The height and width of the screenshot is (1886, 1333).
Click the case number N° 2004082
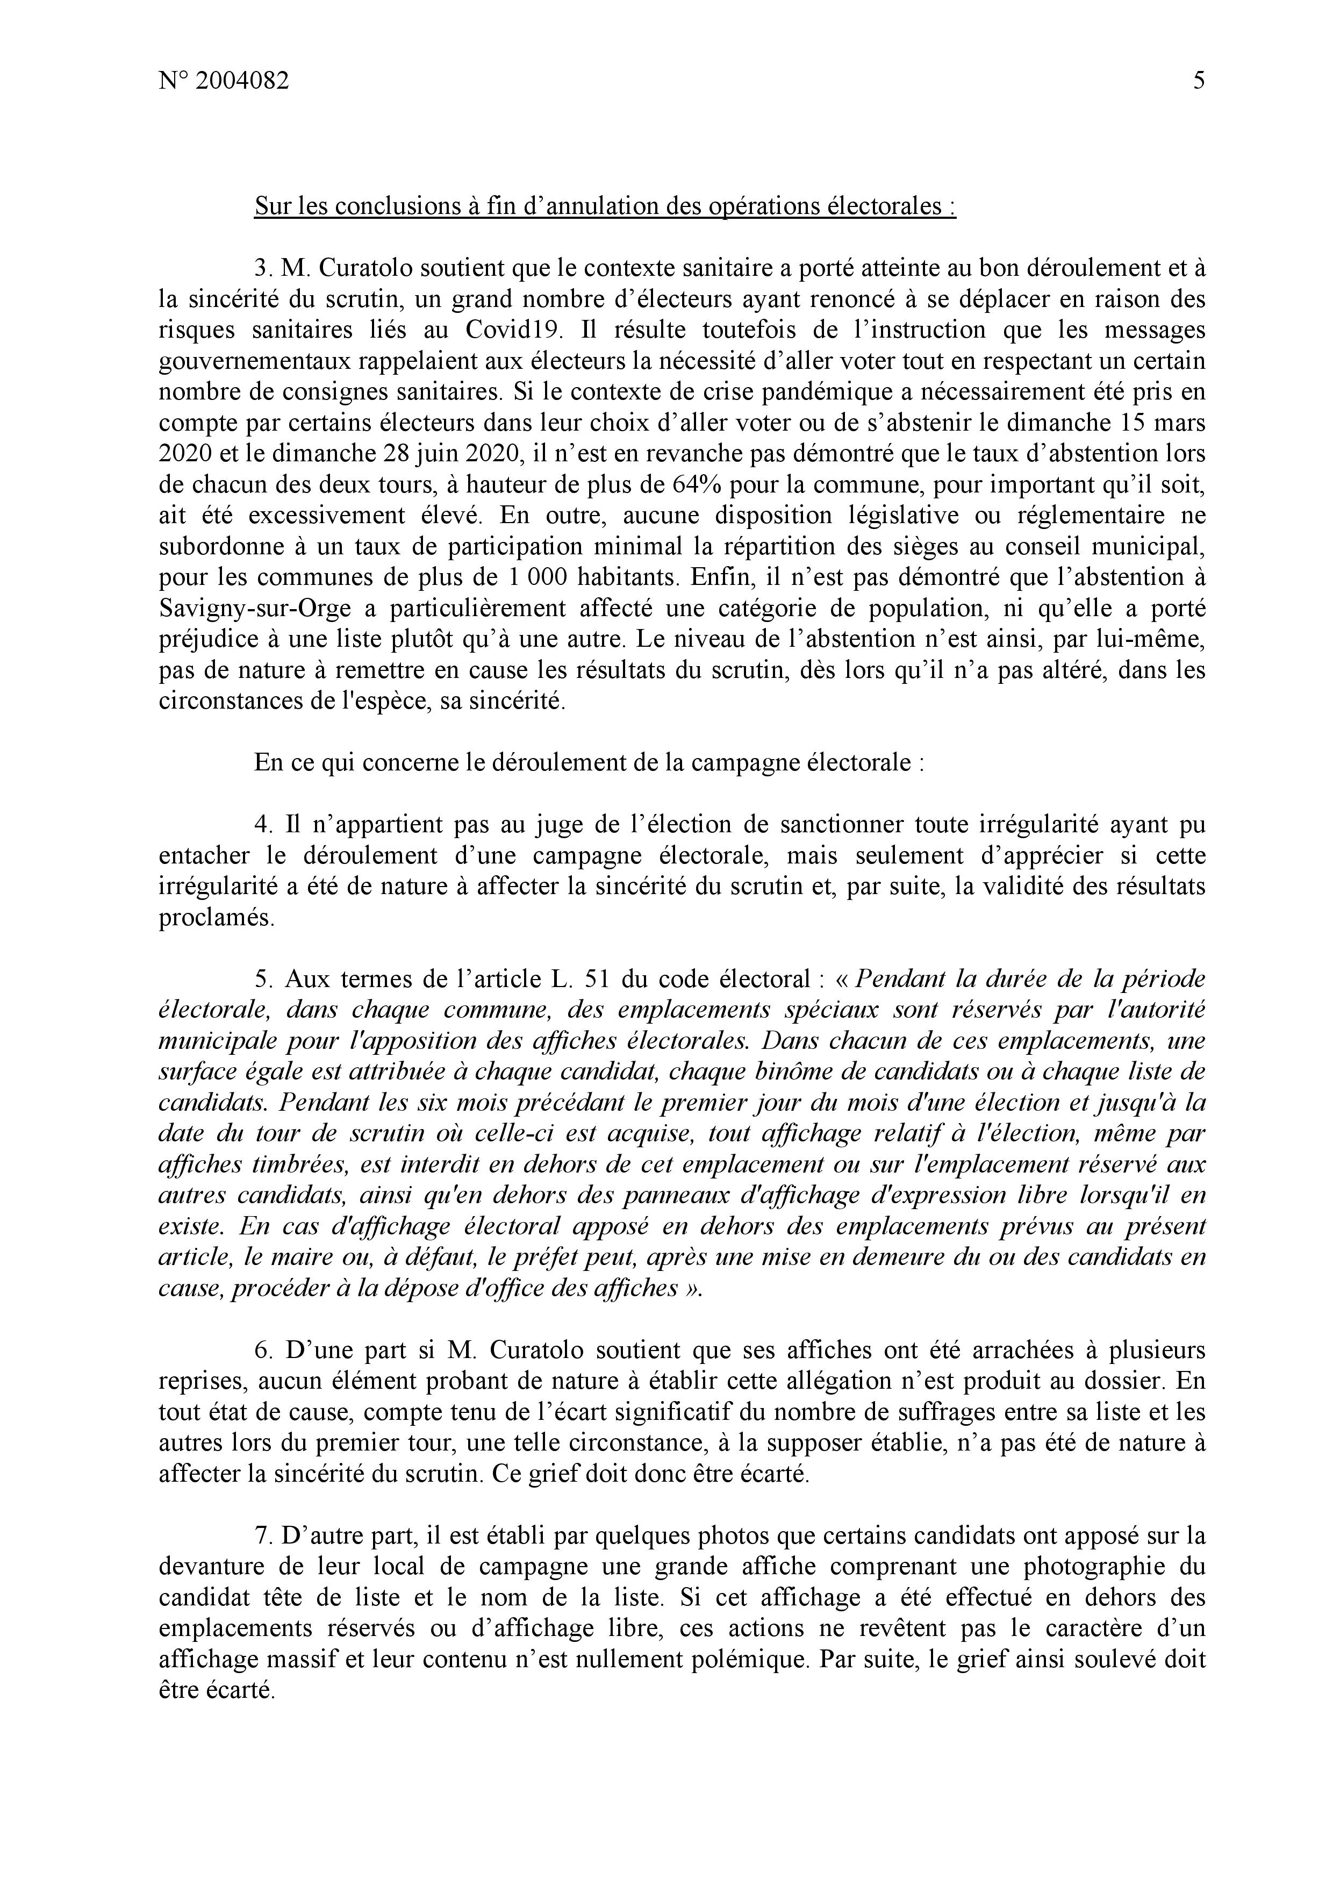coord(224,81)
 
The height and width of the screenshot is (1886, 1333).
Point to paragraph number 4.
coord(262,824)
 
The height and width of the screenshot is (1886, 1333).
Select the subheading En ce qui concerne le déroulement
coord(590,762)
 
